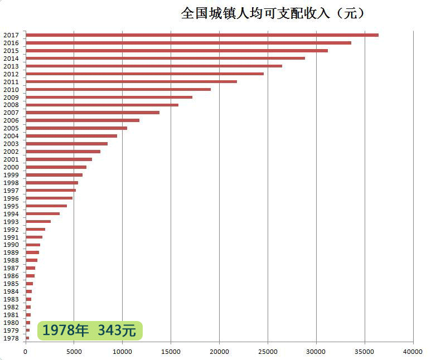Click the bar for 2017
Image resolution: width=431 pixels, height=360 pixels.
[x=202, y=35]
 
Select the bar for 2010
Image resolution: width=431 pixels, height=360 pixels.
[x=118, y=89]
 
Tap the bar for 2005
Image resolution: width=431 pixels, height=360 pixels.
[x=76, y=128]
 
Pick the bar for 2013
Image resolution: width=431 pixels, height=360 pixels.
[x=154, y=66]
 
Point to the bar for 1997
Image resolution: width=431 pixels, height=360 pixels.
[x=51, y=191]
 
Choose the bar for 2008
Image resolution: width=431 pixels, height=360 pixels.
[x=102, y=105]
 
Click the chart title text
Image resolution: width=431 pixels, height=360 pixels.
[x=273, y=13]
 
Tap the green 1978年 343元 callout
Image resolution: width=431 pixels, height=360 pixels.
[x=89, y=330]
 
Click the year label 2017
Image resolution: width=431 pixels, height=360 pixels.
[x=11, y=35]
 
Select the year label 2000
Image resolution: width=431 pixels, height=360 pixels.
[x=11, y=167]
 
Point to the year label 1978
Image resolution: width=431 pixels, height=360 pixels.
[x=11, y=338]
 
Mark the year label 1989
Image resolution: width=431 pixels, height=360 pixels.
[x=11, y=252]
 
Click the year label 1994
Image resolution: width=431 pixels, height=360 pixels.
[x=11, y=214]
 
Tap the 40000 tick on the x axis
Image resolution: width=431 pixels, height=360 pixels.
[x=413, y=352]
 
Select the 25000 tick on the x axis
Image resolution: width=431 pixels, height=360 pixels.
[x=268, y=352]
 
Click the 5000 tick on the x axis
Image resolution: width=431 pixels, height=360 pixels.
[x=74, y=352]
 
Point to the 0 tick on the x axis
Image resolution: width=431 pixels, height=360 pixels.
[x=26, y=352]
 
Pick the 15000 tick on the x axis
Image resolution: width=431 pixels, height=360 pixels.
[x=171, y=352]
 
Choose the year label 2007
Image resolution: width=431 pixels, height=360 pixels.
[x=11, y=113]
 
